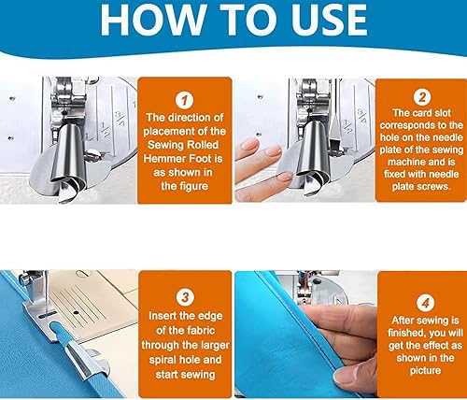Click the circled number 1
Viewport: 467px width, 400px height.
tap(185, 100)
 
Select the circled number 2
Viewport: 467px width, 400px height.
tap(422, 97)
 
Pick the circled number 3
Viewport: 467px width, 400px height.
tap(185, 297)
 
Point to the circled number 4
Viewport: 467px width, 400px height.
tap(425, 302)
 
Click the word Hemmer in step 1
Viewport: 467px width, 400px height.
tap(165, 159)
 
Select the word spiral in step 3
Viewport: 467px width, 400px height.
tap(164, 360)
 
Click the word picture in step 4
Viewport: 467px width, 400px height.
tap(425, 370)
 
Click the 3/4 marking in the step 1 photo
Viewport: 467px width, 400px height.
tap(120, 119)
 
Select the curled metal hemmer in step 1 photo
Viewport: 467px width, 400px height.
tap(67, 159)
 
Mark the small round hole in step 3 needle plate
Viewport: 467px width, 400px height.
tap(75, 312)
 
